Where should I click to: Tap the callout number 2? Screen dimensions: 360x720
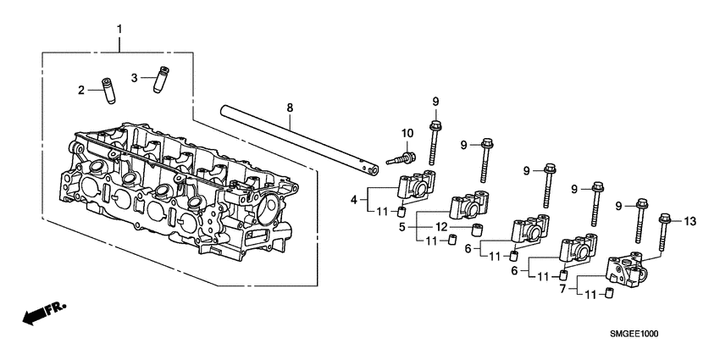82,90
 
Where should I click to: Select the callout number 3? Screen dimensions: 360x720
134,78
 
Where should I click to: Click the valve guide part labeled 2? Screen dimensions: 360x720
108,91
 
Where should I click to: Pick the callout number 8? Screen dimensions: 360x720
290,108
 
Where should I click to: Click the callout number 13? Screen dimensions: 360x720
689,221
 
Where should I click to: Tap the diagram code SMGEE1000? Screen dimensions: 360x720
634,334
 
